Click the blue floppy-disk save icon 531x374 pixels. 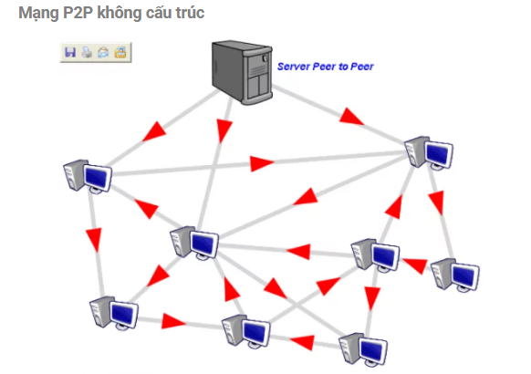pyautogui.click(x=70, y=53)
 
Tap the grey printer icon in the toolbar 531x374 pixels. pyautogui.click(x=87, y=53)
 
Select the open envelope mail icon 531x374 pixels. pyautogui.click(x=103, y=53)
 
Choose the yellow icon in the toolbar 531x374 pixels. pyautogui.click(x=120, y=52)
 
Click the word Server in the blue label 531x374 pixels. pyautogui.click(x=294, y=67)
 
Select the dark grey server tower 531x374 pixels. pyautogui.click(x=242, y=72)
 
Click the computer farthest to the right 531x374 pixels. pyautogui.click(x=454, y=275)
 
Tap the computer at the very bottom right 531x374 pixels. pyautogui.click(x=363, y=349)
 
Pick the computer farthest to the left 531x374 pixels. pyautogui.click(x=88, y=176)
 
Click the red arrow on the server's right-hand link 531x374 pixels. pyautogui.click(x=351, y=117)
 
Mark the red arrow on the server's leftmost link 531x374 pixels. pyautogui.click(x=155, y=131)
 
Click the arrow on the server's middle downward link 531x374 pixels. pyautogui.click(x=224, y=130)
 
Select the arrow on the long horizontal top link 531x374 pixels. pyautogui.click(x=262, y=163)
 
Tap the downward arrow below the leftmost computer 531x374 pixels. pyautogui.click(x=95, y=240)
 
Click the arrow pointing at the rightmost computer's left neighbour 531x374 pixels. pyautogui.click(x=415, y=265)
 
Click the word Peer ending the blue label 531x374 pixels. pyautogui.click(x=362, y=67)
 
